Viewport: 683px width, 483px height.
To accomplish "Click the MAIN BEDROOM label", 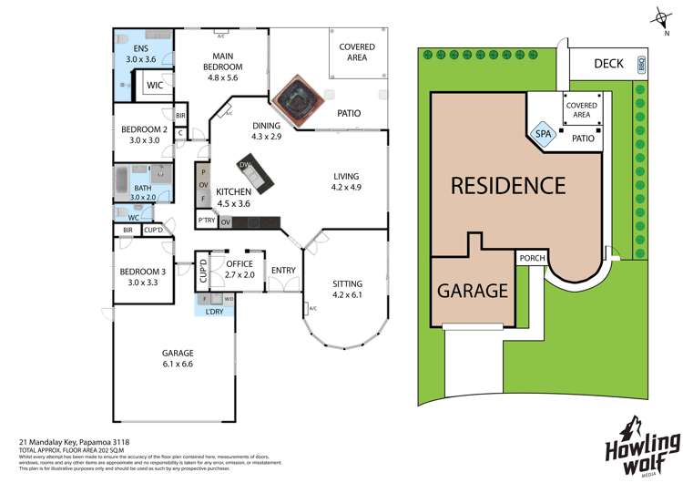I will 222,61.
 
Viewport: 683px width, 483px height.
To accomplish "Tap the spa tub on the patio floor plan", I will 295,96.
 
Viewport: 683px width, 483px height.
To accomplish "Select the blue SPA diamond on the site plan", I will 543,133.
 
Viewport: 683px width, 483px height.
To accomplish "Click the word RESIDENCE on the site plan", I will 508,186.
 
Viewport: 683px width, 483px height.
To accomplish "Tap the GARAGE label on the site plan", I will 471,291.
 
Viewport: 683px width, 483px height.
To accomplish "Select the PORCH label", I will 533,258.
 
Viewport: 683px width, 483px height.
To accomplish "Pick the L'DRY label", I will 214,312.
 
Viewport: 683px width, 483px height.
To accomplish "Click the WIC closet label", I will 155,86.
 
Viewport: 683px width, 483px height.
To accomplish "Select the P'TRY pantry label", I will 206,221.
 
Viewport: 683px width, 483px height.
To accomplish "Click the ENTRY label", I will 283,270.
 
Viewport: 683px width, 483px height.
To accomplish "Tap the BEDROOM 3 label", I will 139,277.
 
